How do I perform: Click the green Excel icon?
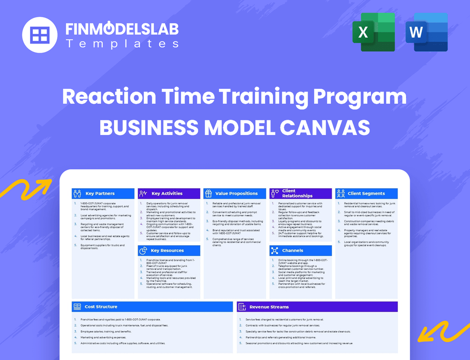point(373,32)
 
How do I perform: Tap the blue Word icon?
point(426,32)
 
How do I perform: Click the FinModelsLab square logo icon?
point(40,34)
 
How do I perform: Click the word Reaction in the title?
point(109,97)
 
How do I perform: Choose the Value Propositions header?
point(236,193)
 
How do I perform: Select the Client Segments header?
point(366,193)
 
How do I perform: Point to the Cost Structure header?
point(101,307)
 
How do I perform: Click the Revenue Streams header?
point(269,307)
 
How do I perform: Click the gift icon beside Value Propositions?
point(209,193)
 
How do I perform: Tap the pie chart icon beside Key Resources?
point(143,251)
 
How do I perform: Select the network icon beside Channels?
point(274,251)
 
